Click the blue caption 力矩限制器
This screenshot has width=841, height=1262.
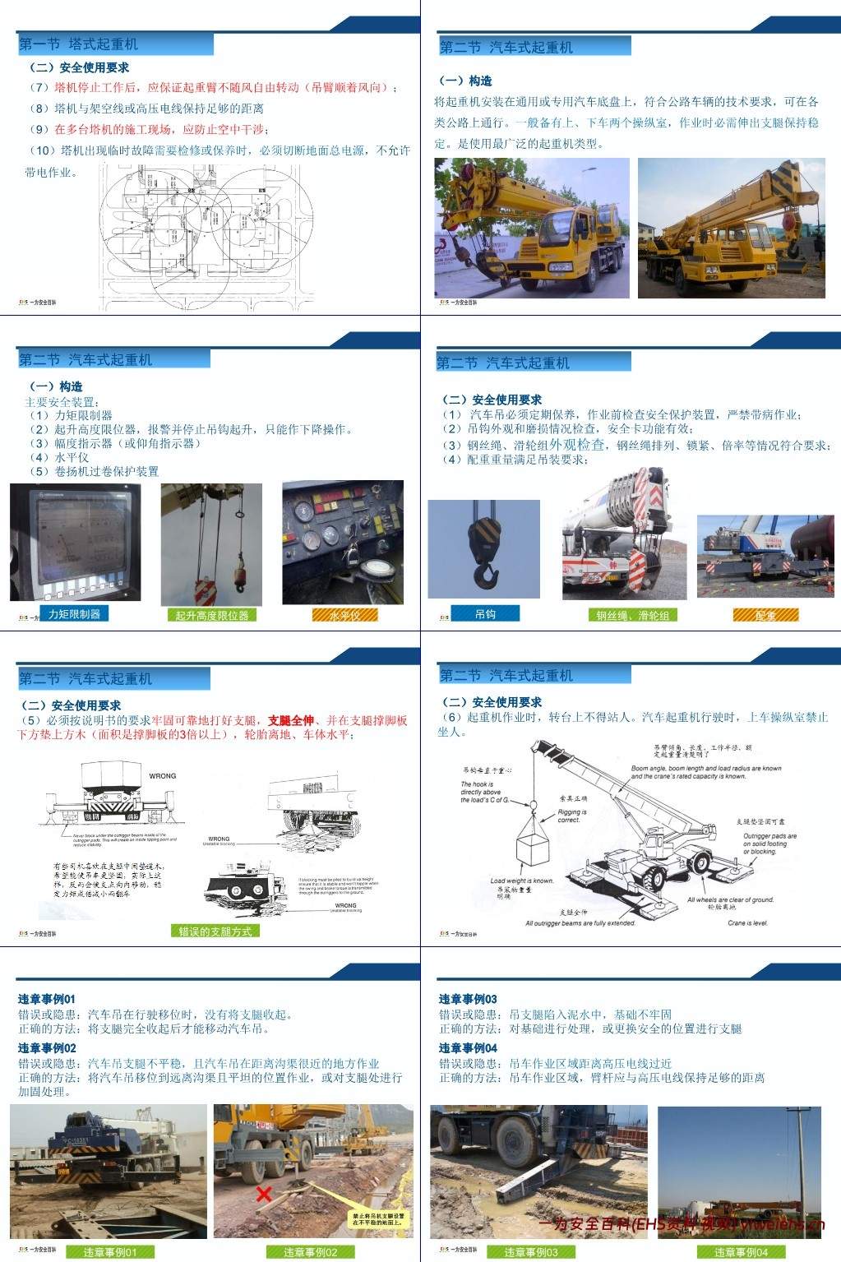click(74, 614)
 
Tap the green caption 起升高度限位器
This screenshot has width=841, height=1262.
click(211, 615)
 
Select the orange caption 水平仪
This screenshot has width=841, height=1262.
click(344, 615)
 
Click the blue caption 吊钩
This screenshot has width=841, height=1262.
click(485, 613)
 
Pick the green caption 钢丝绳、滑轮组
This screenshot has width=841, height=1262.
click(632, 615)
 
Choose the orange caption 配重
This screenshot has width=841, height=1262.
click(765, 615)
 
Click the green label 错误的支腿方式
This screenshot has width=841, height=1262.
click(215, 931)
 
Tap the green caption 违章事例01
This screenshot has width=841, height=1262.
click(110, 1252)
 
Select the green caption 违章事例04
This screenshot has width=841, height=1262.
click(741, 1252)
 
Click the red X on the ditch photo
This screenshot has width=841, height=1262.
click(264, 1194)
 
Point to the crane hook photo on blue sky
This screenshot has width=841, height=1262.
click(483, 548)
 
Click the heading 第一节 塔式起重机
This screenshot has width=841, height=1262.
click(79, 44)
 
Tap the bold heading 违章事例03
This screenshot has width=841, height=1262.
click(468, 999)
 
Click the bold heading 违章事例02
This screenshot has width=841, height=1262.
click(47, 1048)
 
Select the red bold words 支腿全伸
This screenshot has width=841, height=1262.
click(291, 720)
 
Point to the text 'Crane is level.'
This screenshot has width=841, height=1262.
click(747, 922)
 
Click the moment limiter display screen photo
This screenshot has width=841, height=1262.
click(75, 543)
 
